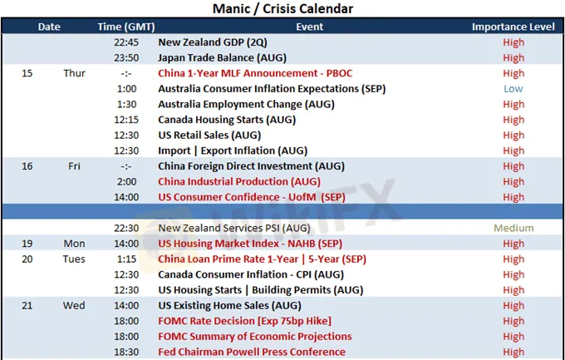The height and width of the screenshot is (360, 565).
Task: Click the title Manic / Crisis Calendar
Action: tap(282, 8)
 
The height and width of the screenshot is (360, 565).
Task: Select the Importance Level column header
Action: tap(513, 27)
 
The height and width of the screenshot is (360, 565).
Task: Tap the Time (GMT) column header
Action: tap(126, 27)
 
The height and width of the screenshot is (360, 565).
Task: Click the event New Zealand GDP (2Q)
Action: tap(213, 42)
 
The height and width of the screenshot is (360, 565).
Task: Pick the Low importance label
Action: tap(513, 89)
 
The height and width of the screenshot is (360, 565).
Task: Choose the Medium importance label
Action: tap(513, 228)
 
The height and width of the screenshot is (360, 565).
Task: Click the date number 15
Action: tap(27, 73)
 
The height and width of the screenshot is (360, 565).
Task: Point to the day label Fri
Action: tap(74, 166)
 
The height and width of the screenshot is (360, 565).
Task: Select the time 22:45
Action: tap(126, 42)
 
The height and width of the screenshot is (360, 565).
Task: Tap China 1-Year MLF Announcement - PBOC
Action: tap(255, 73)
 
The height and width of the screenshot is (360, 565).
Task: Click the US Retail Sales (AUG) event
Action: tap(209, 136)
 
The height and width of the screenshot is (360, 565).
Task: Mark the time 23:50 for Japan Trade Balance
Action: tap(126, 57)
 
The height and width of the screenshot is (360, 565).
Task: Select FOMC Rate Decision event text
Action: tap(244, 321)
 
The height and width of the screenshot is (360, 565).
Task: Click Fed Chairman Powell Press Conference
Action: tap(252, 352)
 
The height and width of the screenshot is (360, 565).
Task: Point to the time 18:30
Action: tap(126, 352)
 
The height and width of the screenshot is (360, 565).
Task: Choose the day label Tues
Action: tap(74, 259)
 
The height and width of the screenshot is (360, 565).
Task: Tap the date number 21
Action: tap(27, 305)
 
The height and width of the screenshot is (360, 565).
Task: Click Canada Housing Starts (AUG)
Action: tap(227, 120)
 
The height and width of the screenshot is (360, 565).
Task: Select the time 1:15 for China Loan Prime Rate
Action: tap(126, 259)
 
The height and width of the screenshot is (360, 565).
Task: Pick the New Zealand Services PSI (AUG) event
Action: tap(234, 228)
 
